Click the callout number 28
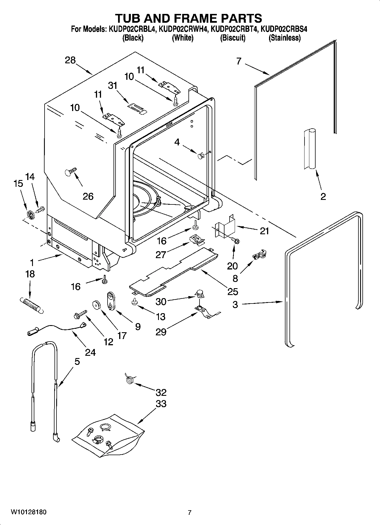click(x=70, y=60)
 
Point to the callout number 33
click(x=161, y=403)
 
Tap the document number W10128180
click(x=29, y=512)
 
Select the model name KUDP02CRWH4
click(x=183, y=29)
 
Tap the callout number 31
click(x=113, y=85)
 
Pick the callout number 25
click(x=232, y=292)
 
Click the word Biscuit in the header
click(x=232, y=38)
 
